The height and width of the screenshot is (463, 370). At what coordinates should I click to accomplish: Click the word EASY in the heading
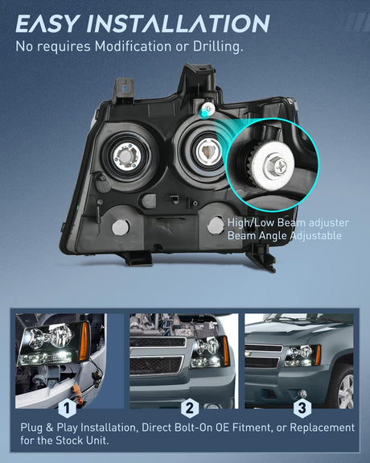coord(47,23)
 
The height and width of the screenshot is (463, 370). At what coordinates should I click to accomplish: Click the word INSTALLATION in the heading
coord(179,23)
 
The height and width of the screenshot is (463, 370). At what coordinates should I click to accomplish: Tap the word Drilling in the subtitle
coord(218,47)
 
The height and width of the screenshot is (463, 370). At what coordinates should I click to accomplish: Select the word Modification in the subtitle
coord(133,47)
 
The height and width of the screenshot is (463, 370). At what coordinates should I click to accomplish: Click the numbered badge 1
coord(67,408)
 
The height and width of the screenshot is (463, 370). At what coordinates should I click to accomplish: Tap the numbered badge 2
coord(190,407)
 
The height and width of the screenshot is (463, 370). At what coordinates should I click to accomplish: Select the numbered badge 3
coord(302,407)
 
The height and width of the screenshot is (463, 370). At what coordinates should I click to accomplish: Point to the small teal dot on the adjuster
coord(203,113)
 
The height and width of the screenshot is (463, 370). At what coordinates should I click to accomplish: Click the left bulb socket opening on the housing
coord(126,156)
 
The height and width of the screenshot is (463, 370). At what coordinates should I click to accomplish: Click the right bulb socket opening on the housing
coord(208,151)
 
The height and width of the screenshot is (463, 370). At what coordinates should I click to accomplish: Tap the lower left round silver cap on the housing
coord(121,227)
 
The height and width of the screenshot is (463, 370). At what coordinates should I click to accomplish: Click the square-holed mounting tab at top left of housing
coord(124,89)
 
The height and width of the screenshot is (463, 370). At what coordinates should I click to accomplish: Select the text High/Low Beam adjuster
coord(288,222)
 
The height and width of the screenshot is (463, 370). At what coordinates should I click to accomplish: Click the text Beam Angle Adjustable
coord(285,236)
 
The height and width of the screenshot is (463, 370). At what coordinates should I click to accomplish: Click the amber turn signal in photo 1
coord(84,341)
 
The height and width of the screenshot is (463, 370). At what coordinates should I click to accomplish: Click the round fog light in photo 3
coord(302,393)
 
